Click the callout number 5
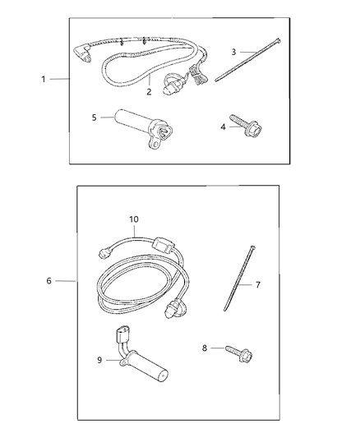(x=95, y=118)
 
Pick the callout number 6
(x=49, y=281)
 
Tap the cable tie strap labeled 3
(x=248, y=61)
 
